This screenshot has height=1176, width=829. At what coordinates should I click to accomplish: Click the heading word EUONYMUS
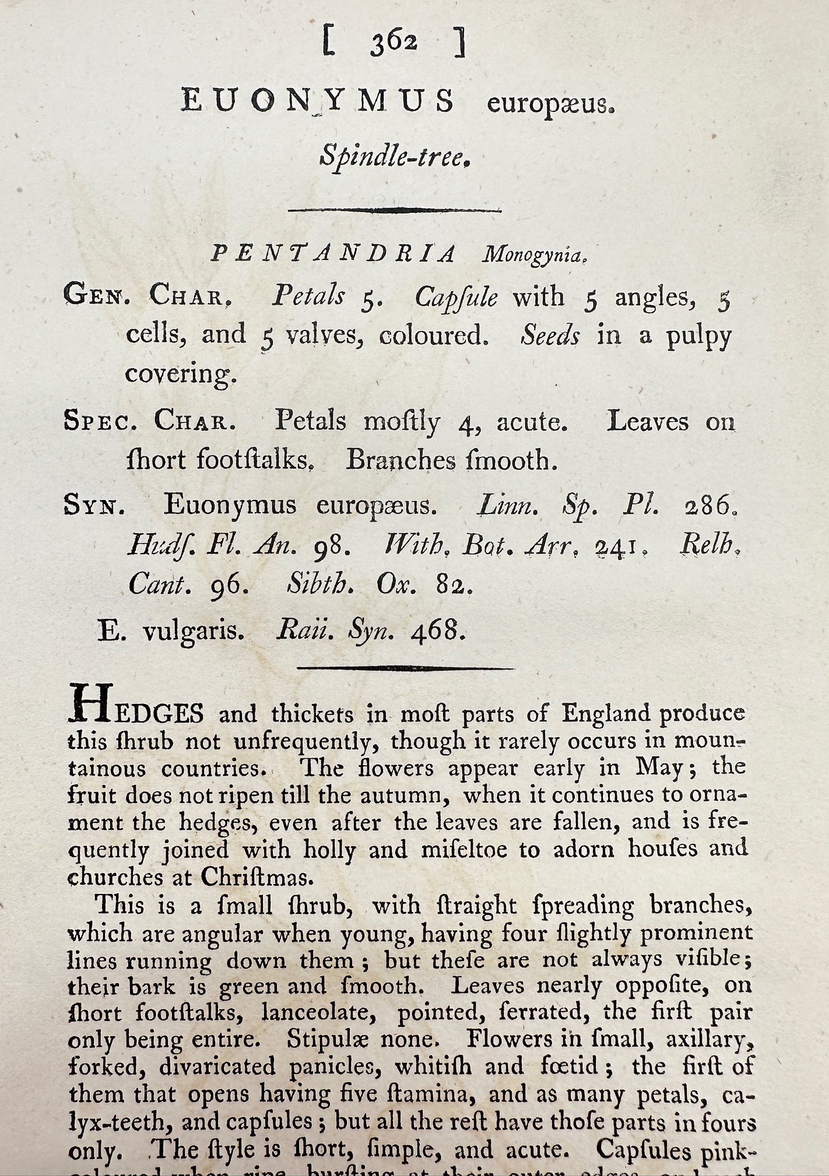(x=318, y=102)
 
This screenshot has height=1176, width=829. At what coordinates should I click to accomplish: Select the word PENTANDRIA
(x=333, y=254)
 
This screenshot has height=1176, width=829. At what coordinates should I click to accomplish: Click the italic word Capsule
(x=456, y=298)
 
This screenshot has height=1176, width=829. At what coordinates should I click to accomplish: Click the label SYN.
(x=93, y=505)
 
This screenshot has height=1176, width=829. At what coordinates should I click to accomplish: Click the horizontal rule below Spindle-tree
(x=395, y=210)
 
